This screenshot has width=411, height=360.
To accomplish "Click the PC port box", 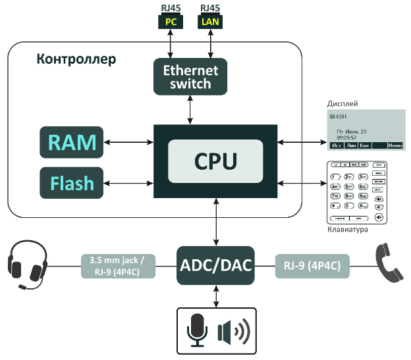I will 171,21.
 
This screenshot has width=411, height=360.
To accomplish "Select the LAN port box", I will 210,21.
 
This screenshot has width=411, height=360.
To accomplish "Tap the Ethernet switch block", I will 190,76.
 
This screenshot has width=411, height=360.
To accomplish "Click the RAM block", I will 71,142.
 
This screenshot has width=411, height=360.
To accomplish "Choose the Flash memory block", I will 71,182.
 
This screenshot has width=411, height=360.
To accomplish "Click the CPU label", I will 216,161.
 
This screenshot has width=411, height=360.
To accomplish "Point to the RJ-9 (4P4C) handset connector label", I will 312,265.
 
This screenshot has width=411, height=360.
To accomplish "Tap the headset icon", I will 28,265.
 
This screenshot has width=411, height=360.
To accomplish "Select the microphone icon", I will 197,328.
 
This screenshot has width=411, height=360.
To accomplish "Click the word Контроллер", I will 76,60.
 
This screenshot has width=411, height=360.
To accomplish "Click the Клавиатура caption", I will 348,230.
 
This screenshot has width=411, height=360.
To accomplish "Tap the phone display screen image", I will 366,129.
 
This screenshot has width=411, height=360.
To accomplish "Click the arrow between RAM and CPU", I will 128,141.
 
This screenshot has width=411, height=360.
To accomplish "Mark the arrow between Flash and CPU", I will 128,182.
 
